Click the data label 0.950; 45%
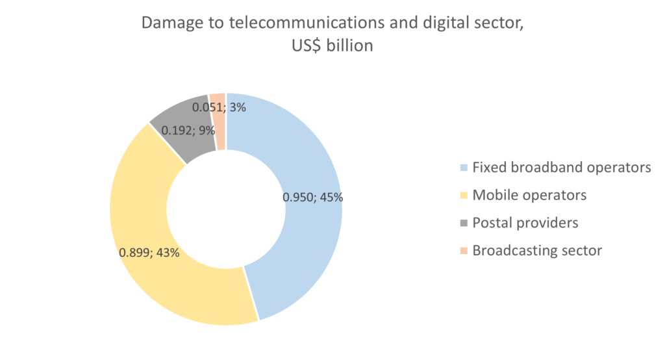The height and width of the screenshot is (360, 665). point(312,197)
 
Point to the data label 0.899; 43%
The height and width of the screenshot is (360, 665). point(149,252)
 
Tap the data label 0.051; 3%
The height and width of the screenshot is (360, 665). point(219,107)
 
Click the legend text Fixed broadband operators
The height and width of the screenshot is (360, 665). point(561,168)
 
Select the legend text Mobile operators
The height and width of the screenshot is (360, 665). point(529,195)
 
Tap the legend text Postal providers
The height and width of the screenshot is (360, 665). point(525,223)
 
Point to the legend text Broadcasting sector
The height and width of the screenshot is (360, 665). point(537,250)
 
